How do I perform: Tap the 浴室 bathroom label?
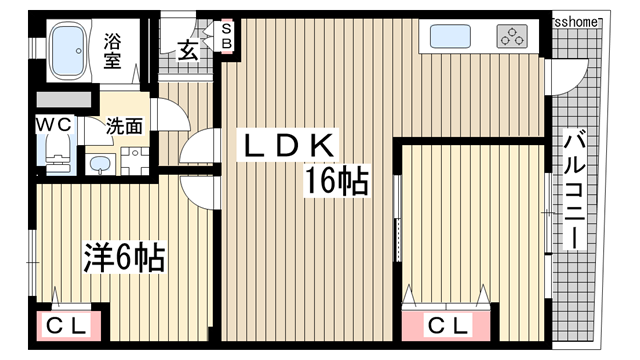112,51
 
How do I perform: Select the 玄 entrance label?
188,51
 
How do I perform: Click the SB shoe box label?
226,37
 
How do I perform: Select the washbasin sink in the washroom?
100,163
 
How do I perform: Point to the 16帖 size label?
338,182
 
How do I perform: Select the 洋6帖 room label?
122,259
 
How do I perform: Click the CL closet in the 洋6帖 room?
68,326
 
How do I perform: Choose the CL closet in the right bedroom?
447,326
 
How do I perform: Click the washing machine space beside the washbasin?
135,160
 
